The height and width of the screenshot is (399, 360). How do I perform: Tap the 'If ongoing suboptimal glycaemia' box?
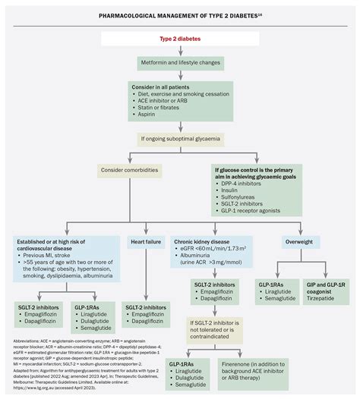[179, 138]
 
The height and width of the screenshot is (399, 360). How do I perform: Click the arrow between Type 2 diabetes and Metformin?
[179, 49]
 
